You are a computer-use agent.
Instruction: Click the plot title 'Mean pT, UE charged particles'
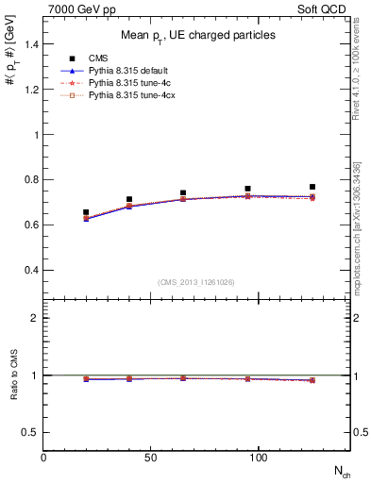[197, 35]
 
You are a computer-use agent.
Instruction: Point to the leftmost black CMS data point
[86, 212]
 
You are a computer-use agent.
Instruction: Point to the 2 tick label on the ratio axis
[36, 318]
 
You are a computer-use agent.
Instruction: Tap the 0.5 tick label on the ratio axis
[31, 432]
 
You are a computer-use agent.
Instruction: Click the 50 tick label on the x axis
[151, 458]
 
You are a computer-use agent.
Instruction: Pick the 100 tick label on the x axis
[259, 458]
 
